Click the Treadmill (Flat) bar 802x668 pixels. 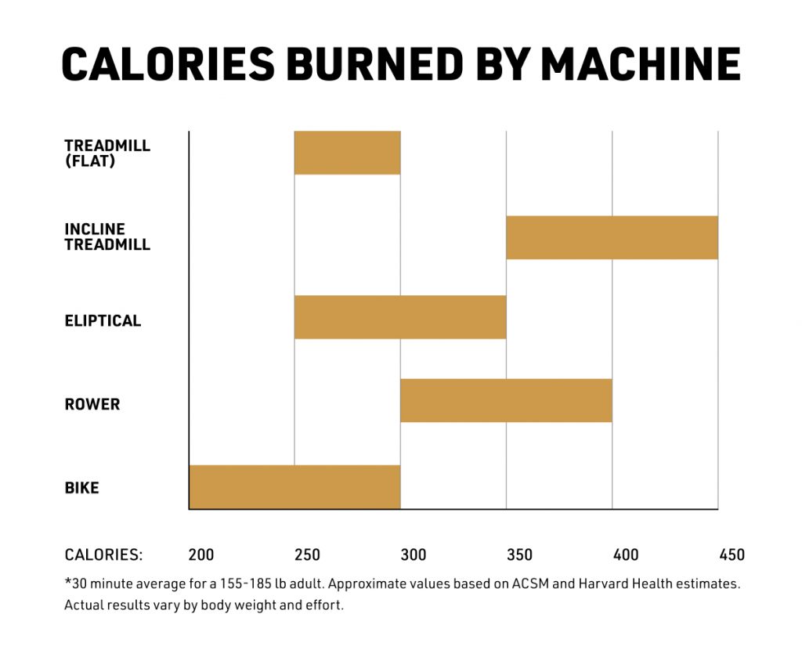coord(347,153)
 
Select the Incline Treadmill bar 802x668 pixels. coord(612,237)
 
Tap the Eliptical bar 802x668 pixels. coord(400,317)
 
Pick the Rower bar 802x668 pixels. coord(506,400)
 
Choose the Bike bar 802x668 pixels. coord(294,486)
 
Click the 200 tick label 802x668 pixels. coord(201,555)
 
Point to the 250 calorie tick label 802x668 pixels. coord(307,555)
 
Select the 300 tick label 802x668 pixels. coord(414,555)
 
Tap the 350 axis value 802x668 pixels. coord(519,555)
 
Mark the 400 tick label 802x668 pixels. coord(626,555)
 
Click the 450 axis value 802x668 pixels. coord(732,555)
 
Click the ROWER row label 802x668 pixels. coord(92,405)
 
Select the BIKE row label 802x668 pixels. coord(81,489)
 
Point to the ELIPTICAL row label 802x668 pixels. coord(103,321)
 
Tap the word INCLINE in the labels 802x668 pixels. coord(95,229)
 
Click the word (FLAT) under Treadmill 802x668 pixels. coord(86,161)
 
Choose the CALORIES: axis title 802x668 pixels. coord(103,555)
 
